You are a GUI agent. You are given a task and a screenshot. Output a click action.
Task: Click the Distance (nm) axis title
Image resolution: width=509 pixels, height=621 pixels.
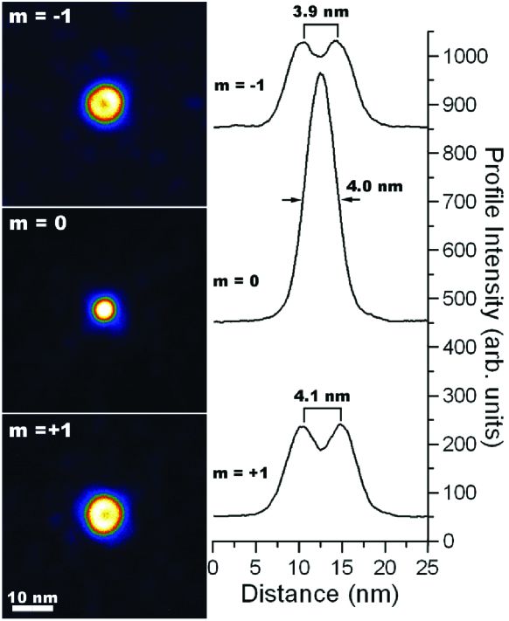(x=318, y=596)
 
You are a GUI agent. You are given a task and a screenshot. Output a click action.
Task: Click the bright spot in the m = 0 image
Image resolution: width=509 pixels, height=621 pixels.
(x=104, y=308)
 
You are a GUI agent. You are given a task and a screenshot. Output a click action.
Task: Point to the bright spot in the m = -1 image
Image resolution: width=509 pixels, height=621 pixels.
(x=105, y=103)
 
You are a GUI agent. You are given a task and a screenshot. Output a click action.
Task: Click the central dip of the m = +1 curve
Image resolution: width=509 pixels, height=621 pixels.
(x=321, y=448)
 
